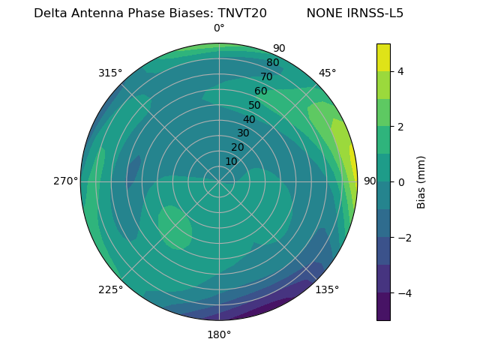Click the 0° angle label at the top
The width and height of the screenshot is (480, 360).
(x=219, y=28)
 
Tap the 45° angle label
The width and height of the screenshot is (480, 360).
(x=327, y=73)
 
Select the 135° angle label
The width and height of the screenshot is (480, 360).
(x=327, y=289)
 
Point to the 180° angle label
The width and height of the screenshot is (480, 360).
(x=219, y=334)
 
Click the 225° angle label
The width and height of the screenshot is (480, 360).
(x=110, y=289)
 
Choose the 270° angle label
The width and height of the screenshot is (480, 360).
(x=65, y=181)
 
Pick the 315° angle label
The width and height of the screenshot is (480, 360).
(x=110, y=73)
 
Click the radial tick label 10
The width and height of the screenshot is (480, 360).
(x=231, y=161)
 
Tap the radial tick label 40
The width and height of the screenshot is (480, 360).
(x=249, y=119)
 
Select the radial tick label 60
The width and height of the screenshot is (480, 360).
(x=260, y=91)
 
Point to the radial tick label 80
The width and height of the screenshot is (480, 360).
(x=272, y=63)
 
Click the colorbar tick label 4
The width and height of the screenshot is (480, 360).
(x=401, y=71)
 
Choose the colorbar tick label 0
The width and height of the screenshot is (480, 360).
(x=401, y=181)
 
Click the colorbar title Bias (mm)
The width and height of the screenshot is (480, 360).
(x=421, y=182)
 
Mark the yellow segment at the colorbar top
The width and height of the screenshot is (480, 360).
(x=383, y=57)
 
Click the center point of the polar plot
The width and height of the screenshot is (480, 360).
(x=219, y=181)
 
